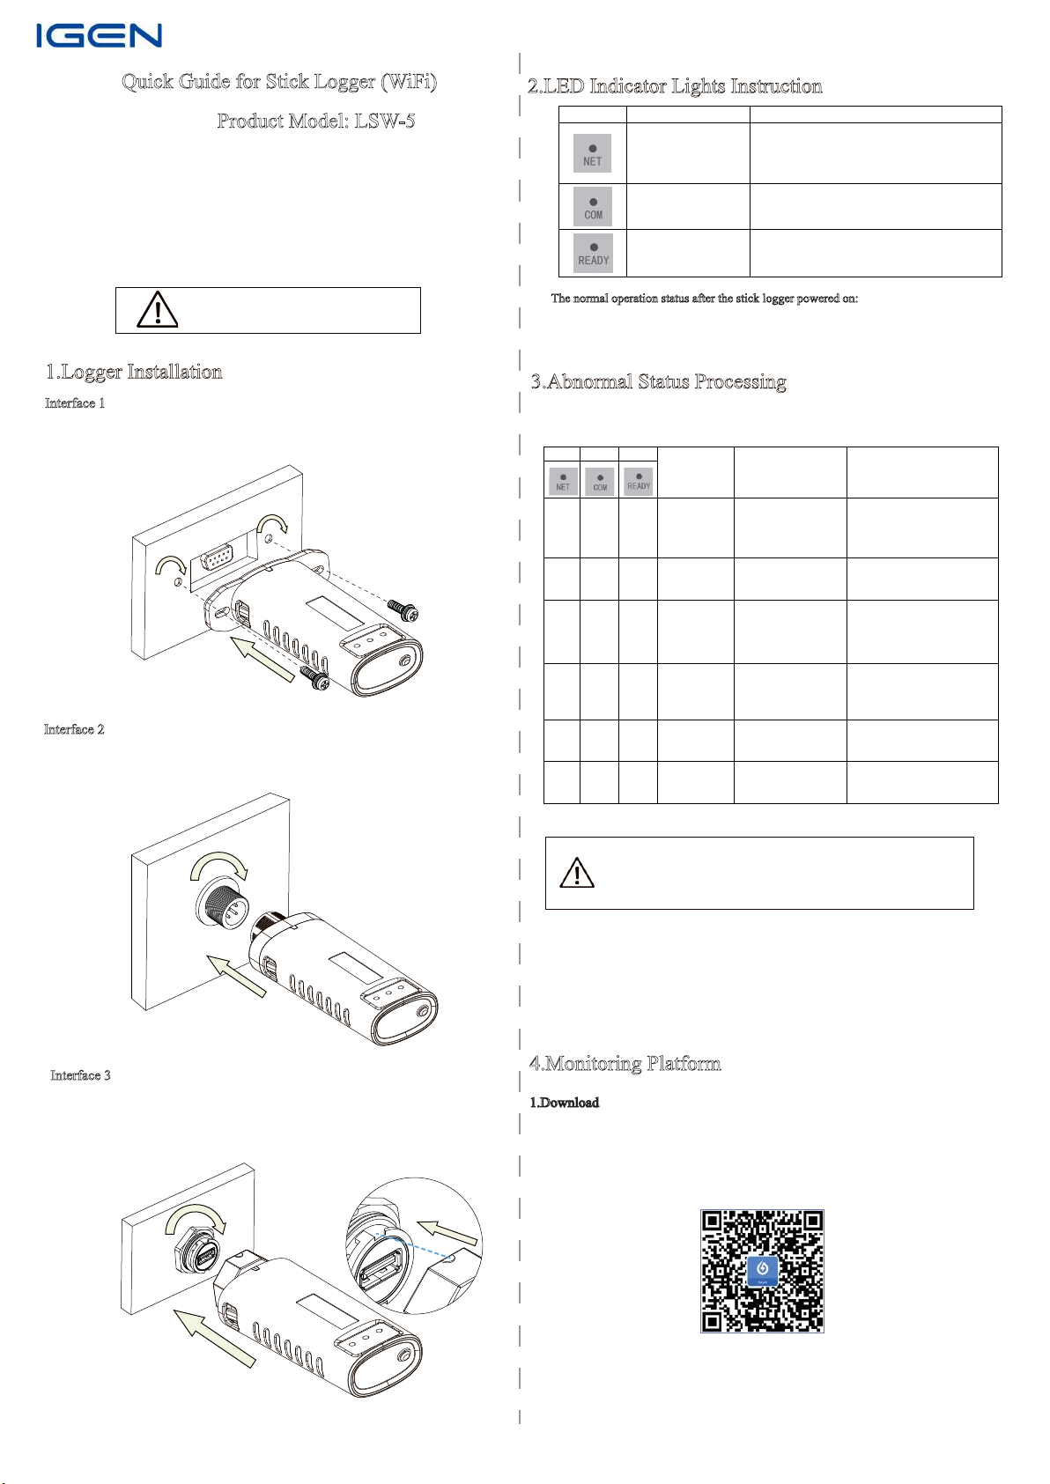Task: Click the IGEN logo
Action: click(x=99, y=35)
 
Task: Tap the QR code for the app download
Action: click(x=762, y=1270)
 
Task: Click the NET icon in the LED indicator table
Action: click(x=592, y=153)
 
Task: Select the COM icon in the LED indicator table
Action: click(x=593, y=207)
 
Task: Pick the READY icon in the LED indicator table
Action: click(x=593, y=253)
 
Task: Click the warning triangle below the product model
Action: click(x=158, y=310)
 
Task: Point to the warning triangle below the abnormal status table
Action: click(x=577, y=872)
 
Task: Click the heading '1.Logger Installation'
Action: click(x=134, y=372)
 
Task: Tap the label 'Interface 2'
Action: click(x=74, y=729)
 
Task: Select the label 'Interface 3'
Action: click(x=80, y=1075)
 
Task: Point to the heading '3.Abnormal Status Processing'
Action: click(x=658, y=381)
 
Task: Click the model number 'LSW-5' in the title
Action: click(x=385, y=121)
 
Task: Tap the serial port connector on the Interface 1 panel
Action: click(x=218, y=560)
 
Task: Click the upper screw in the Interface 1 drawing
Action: click(x=403, y=609)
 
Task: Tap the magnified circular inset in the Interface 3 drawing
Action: click(x=414, y=1245)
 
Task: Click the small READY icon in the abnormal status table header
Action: click(x=639, y=482)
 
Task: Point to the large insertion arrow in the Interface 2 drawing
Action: click(x=236, y=974)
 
